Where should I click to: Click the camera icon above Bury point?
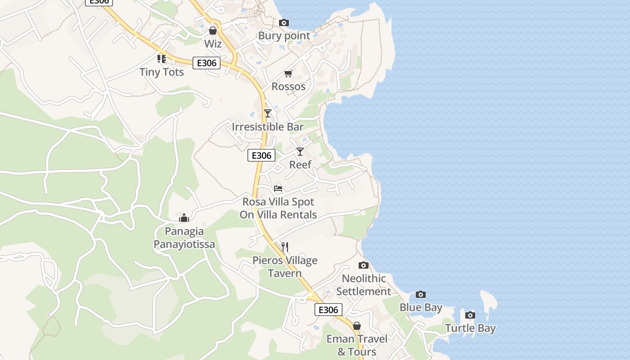(284, 22)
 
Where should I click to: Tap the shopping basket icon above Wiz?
(213, 31)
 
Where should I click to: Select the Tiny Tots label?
(162, 72)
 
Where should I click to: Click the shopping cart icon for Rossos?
(288, 73)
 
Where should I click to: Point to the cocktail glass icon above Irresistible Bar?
(268, 113)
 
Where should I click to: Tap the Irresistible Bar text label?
(268, 127)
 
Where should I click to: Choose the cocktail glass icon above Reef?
(300, 151)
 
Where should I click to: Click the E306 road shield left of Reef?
(261, 155)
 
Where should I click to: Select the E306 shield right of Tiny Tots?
(207, 63)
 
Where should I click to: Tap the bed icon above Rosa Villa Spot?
(278, 188)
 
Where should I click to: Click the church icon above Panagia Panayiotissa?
(184, 218)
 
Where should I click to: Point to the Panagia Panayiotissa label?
(184, 238)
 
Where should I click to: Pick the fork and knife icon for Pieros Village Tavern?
(284, 247)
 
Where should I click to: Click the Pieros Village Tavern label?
(285, 267)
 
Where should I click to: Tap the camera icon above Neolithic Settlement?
(364, 265)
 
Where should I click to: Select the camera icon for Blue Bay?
(421, 294)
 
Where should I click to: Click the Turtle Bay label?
(470, 328)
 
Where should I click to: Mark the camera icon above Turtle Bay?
(470, 315)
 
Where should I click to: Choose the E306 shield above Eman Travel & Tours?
(328, 310)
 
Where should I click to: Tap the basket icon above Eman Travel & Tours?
(357, 325)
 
